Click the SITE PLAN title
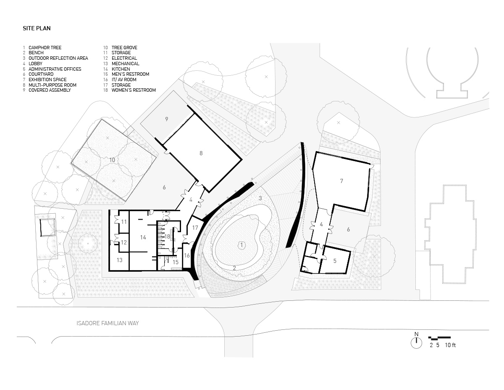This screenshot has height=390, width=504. click(37, 29)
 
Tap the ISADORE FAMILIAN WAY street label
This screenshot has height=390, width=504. click(108, 324)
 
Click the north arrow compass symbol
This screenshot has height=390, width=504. click(416, 342)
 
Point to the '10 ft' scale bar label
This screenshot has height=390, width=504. click(451, 345)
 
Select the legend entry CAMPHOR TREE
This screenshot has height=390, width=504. click(45, 48)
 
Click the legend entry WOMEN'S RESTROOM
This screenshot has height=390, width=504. click(134, 90)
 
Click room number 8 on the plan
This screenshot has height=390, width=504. click(201, 153)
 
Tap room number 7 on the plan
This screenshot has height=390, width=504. click(341, 181)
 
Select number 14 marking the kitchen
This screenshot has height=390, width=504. click(143, 238)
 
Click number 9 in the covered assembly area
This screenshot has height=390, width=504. click(167, 119)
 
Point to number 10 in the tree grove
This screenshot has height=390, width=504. click(112, 160)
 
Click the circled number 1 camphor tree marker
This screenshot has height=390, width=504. click(242, 245)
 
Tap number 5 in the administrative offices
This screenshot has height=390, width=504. click(335, 261)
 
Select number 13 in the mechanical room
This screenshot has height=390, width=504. click(120, 260)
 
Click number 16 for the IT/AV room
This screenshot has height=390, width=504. click(187, 255)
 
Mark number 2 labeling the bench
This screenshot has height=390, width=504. click(234, 268)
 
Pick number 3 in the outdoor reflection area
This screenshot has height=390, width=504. click(260, 198)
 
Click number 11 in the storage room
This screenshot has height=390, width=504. click(124, 221)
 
